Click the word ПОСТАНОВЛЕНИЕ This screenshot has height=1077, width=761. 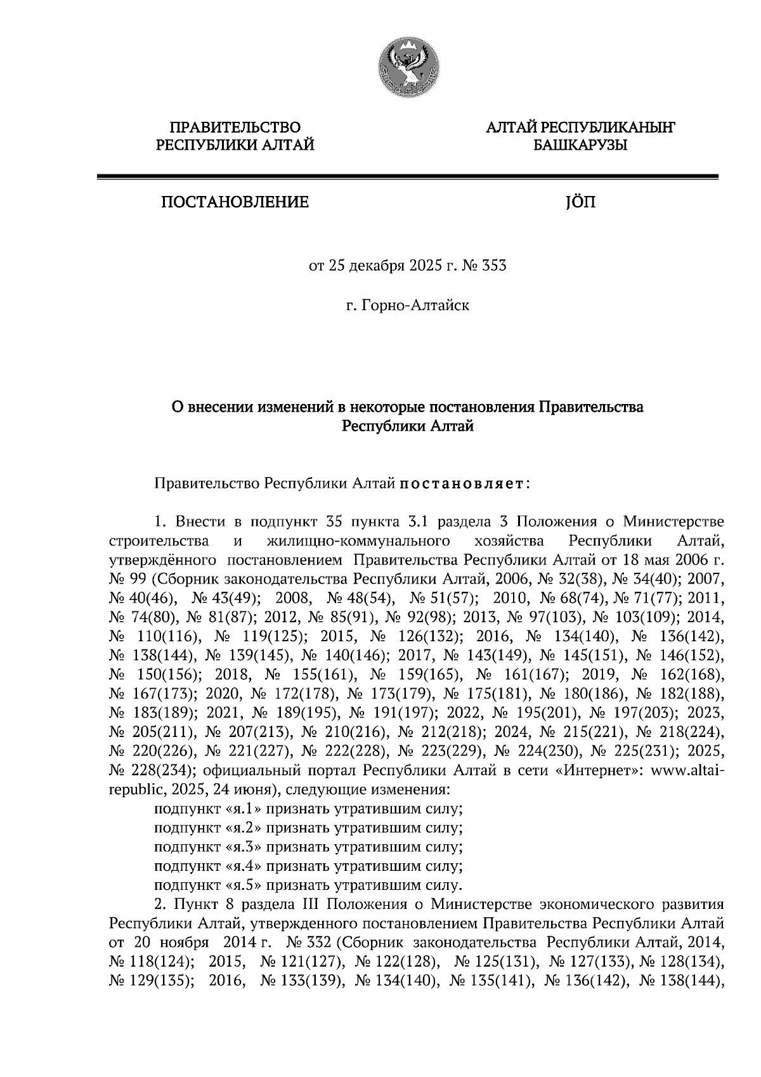click(x=235, y=202)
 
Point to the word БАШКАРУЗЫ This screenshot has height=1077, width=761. click(x=580, y=146)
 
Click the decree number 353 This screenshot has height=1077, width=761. click(x=495, y=266)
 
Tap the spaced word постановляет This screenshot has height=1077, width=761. click(x=460, y=484)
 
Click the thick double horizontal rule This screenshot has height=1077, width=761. click(x=407, y=178)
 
